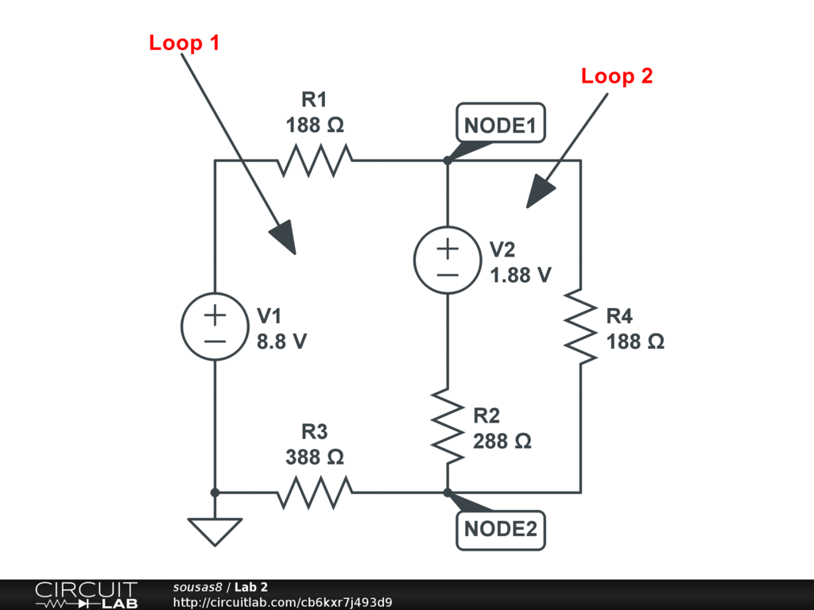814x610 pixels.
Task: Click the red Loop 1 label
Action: tap(184, 43)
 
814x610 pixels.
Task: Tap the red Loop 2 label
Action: tap(617, 76)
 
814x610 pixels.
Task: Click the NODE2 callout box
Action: tap(501, 529)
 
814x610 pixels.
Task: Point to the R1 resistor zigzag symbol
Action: tap(315, 160)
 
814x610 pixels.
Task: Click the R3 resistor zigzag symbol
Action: tap(315, 492)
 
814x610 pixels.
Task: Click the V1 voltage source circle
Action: tap(215, 326)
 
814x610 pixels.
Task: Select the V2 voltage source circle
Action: tap(448, 261)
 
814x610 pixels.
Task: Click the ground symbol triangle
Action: tap(215, 531)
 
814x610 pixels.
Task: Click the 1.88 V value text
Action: tap(521, 275)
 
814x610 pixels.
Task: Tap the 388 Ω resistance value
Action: tap(315, 457)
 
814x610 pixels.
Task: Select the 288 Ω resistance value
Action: tap(502, 441)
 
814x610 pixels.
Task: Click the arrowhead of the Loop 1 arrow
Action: tap(283, 238)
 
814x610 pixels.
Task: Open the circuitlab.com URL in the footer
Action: tap(282, 602)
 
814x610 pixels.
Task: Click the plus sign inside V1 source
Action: tap(215, 315)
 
